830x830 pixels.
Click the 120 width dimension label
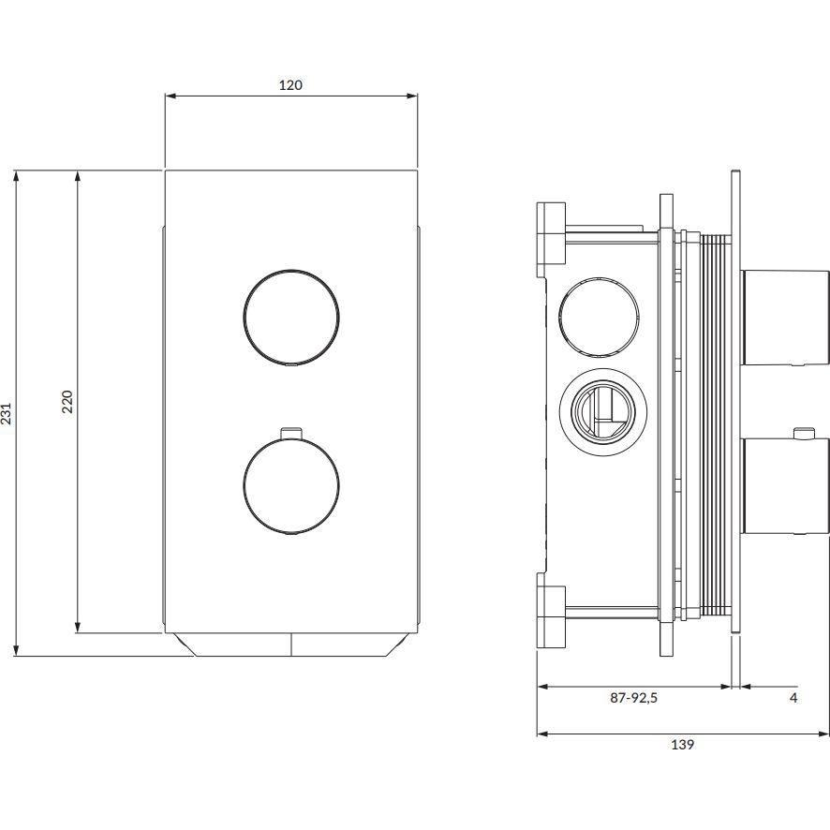pos(290,85)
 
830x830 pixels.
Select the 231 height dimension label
pos(7,414)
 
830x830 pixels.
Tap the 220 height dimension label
pos(67,402)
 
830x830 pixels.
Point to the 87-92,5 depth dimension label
pos(633,698)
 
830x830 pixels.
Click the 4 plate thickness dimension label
pos(793,698)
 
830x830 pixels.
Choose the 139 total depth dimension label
pos(683,745)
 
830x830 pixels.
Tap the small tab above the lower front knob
pos(291,432)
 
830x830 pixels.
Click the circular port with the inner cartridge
pos(600,412)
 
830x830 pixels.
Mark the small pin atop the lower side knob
pos(801,433)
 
